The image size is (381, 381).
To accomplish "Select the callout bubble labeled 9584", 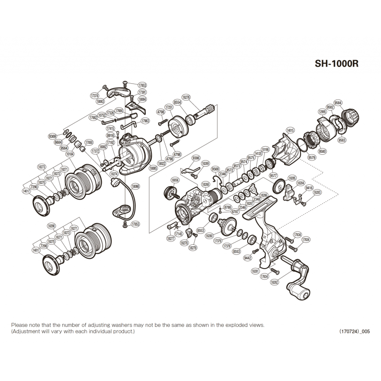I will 338,103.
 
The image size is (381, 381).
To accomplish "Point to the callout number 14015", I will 291,130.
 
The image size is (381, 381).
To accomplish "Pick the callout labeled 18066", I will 136,186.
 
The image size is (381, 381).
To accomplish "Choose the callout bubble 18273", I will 41,167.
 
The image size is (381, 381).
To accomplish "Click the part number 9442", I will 247,258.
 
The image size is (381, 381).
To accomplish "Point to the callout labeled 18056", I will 175,180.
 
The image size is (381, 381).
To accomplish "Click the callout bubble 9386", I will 196,157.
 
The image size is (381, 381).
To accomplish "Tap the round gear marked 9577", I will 279,185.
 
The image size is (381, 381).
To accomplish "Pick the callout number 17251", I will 168,107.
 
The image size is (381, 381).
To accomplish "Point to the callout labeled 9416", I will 310,188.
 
